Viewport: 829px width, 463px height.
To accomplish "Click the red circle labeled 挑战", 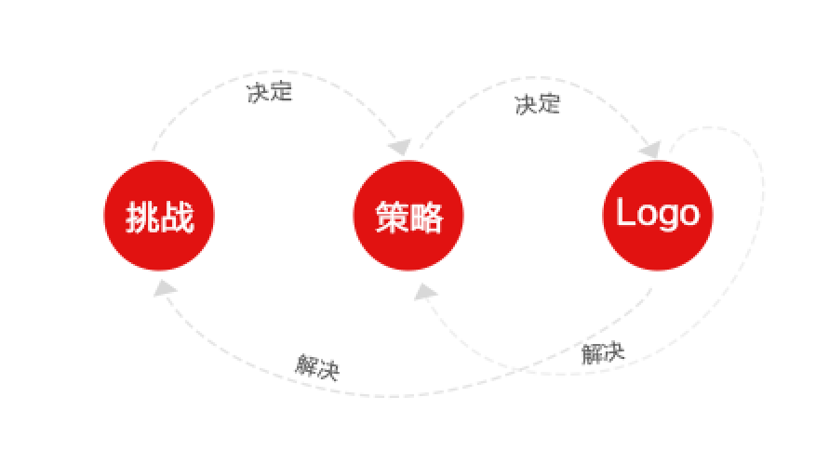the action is [x=159, y=216].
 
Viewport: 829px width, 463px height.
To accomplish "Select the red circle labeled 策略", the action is [x=408, y=216].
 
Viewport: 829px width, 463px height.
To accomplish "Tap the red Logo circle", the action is [x=658, y=216].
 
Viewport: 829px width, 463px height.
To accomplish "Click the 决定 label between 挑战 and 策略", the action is [x=270, y=92].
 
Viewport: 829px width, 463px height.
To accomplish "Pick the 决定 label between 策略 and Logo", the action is [x=538, y=104].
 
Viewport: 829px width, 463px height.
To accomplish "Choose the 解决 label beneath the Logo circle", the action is [x=603, y=352].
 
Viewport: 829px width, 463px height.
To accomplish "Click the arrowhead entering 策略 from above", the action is [x=401, y=147].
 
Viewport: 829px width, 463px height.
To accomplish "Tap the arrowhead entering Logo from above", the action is [x=650, y=148].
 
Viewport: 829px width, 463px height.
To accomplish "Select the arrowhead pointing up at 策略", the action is [x=425, y=292].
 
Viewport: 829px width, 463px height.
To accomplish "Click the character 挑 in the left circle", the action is [x=142, y=218].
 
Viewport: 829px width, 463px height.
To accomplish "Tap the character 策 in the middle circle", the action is [x=392, y=218].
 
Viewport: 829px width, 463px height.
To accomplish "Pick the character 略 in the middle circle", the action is [x=426, y=218].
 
